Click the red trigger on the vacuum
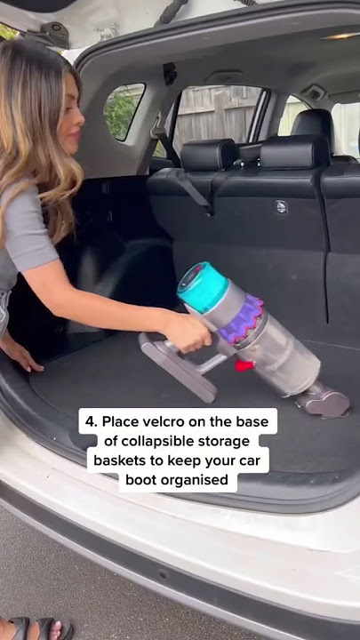tap(243, 364)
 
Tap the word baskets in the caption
tap(124, 461)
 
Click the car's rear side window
tap(124, 111)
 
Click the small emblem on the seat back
tap(281, 208)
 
